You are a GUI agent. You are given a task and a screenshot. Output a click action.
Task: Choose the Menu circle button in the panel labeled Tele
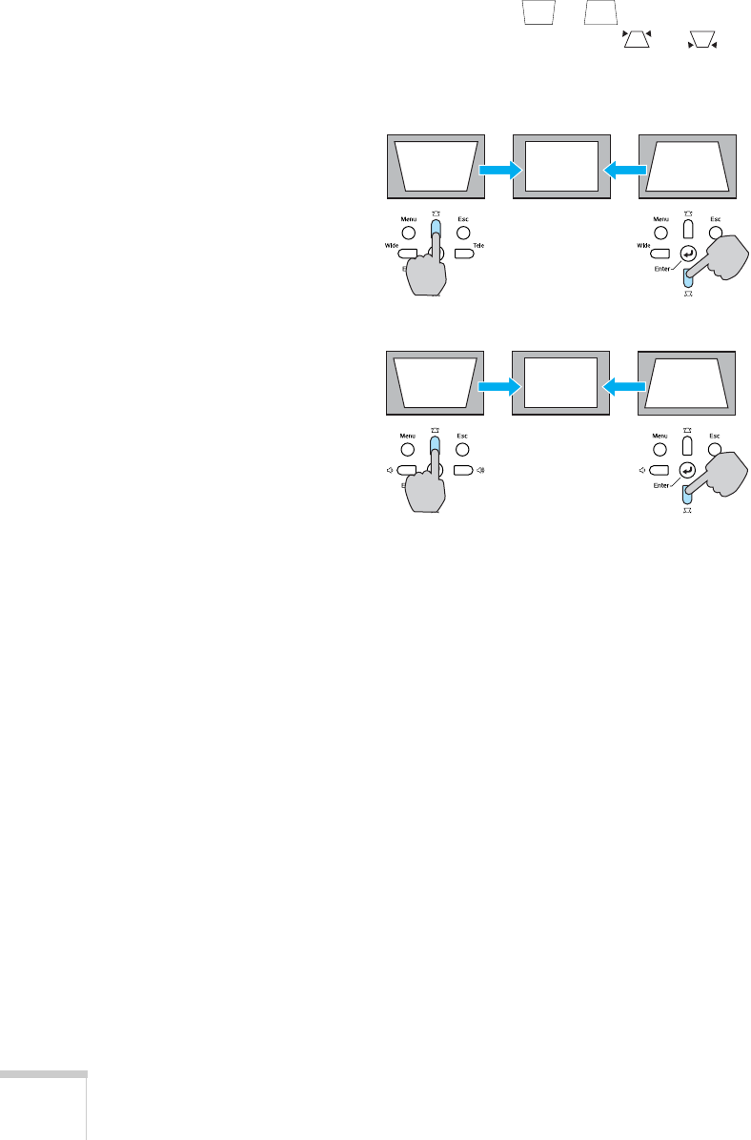(407, 233)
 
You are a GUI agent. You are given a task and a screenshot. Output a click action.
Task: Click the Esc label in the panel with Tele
(462, 218)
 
